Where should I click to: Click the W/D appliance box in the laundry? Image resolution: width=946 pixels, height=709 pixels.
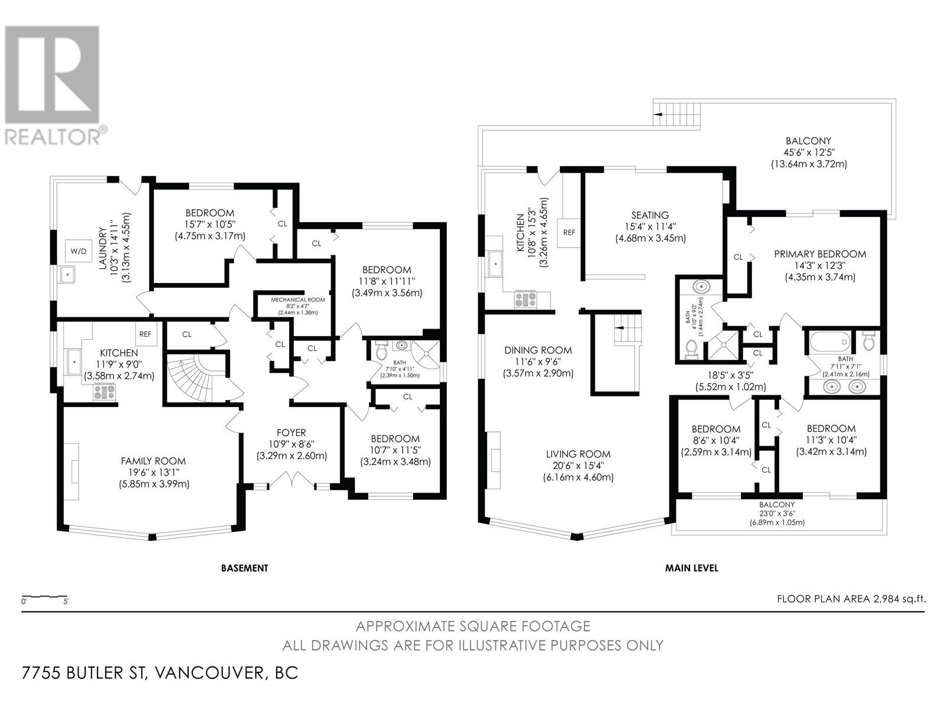click(79, 251)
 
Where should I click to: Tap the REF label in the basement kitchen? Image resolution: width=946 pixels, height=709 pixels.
click(145, 334)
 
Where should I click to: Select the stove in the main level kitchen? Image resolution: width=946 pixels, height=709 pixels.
click(526, 300)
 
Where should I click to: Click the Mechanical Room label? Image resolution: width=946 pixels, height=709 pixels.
click(298, 300)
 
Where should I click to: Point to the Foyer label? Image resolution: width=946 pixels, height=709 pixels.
click(291, 432)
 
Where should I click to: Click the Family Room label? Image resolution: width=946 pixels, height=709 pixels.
click(153, 461)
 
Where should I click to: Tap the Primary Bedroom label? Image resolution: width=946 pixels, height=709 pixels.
click(820, 254)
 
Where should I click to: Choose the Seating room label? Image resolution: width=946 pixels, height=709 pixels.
click(650, 215)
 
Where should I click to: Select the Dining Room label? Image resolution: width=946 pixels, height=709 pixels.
click(538, 350)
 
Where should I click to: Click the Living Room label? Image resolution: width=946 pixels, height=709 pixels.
click(578, 454)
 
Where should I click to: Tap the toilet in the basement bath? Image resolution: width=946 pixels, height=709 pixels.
click(381, 350)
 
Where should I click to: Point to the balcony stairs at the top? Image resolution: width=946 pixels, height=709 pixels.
click(676, 112)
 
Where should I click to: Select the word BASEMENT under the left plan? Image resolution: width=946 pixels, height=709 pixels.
click(244, 568)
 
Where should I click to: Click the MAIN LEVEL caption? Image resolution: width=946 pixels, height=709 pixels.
click(692, 568)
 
